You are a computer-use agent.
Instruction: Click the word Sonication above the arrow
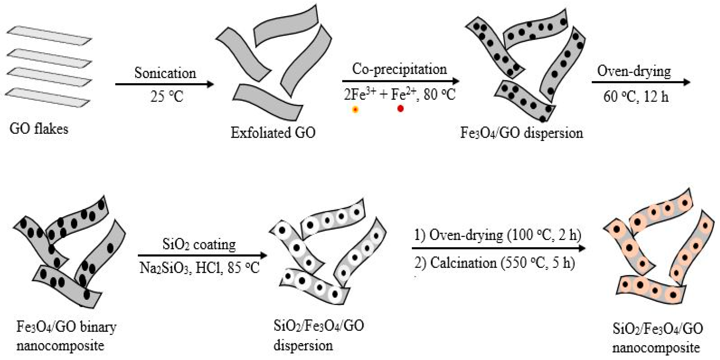coord(165,73)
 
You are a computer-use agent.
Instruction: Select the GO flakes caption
coord(39,129)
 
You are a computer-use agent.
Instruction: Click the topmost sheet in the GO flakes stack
coord(49,35)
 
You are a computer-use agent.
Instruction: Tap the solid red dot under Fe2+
coord(400,108)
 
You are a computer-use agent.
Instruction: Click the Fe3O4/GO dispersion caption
coord(522,133)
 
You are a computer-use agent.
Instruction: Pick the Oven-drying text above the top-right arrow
coord(634,72)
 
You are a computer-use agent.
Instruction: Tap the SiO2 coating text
coord(199,245)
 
